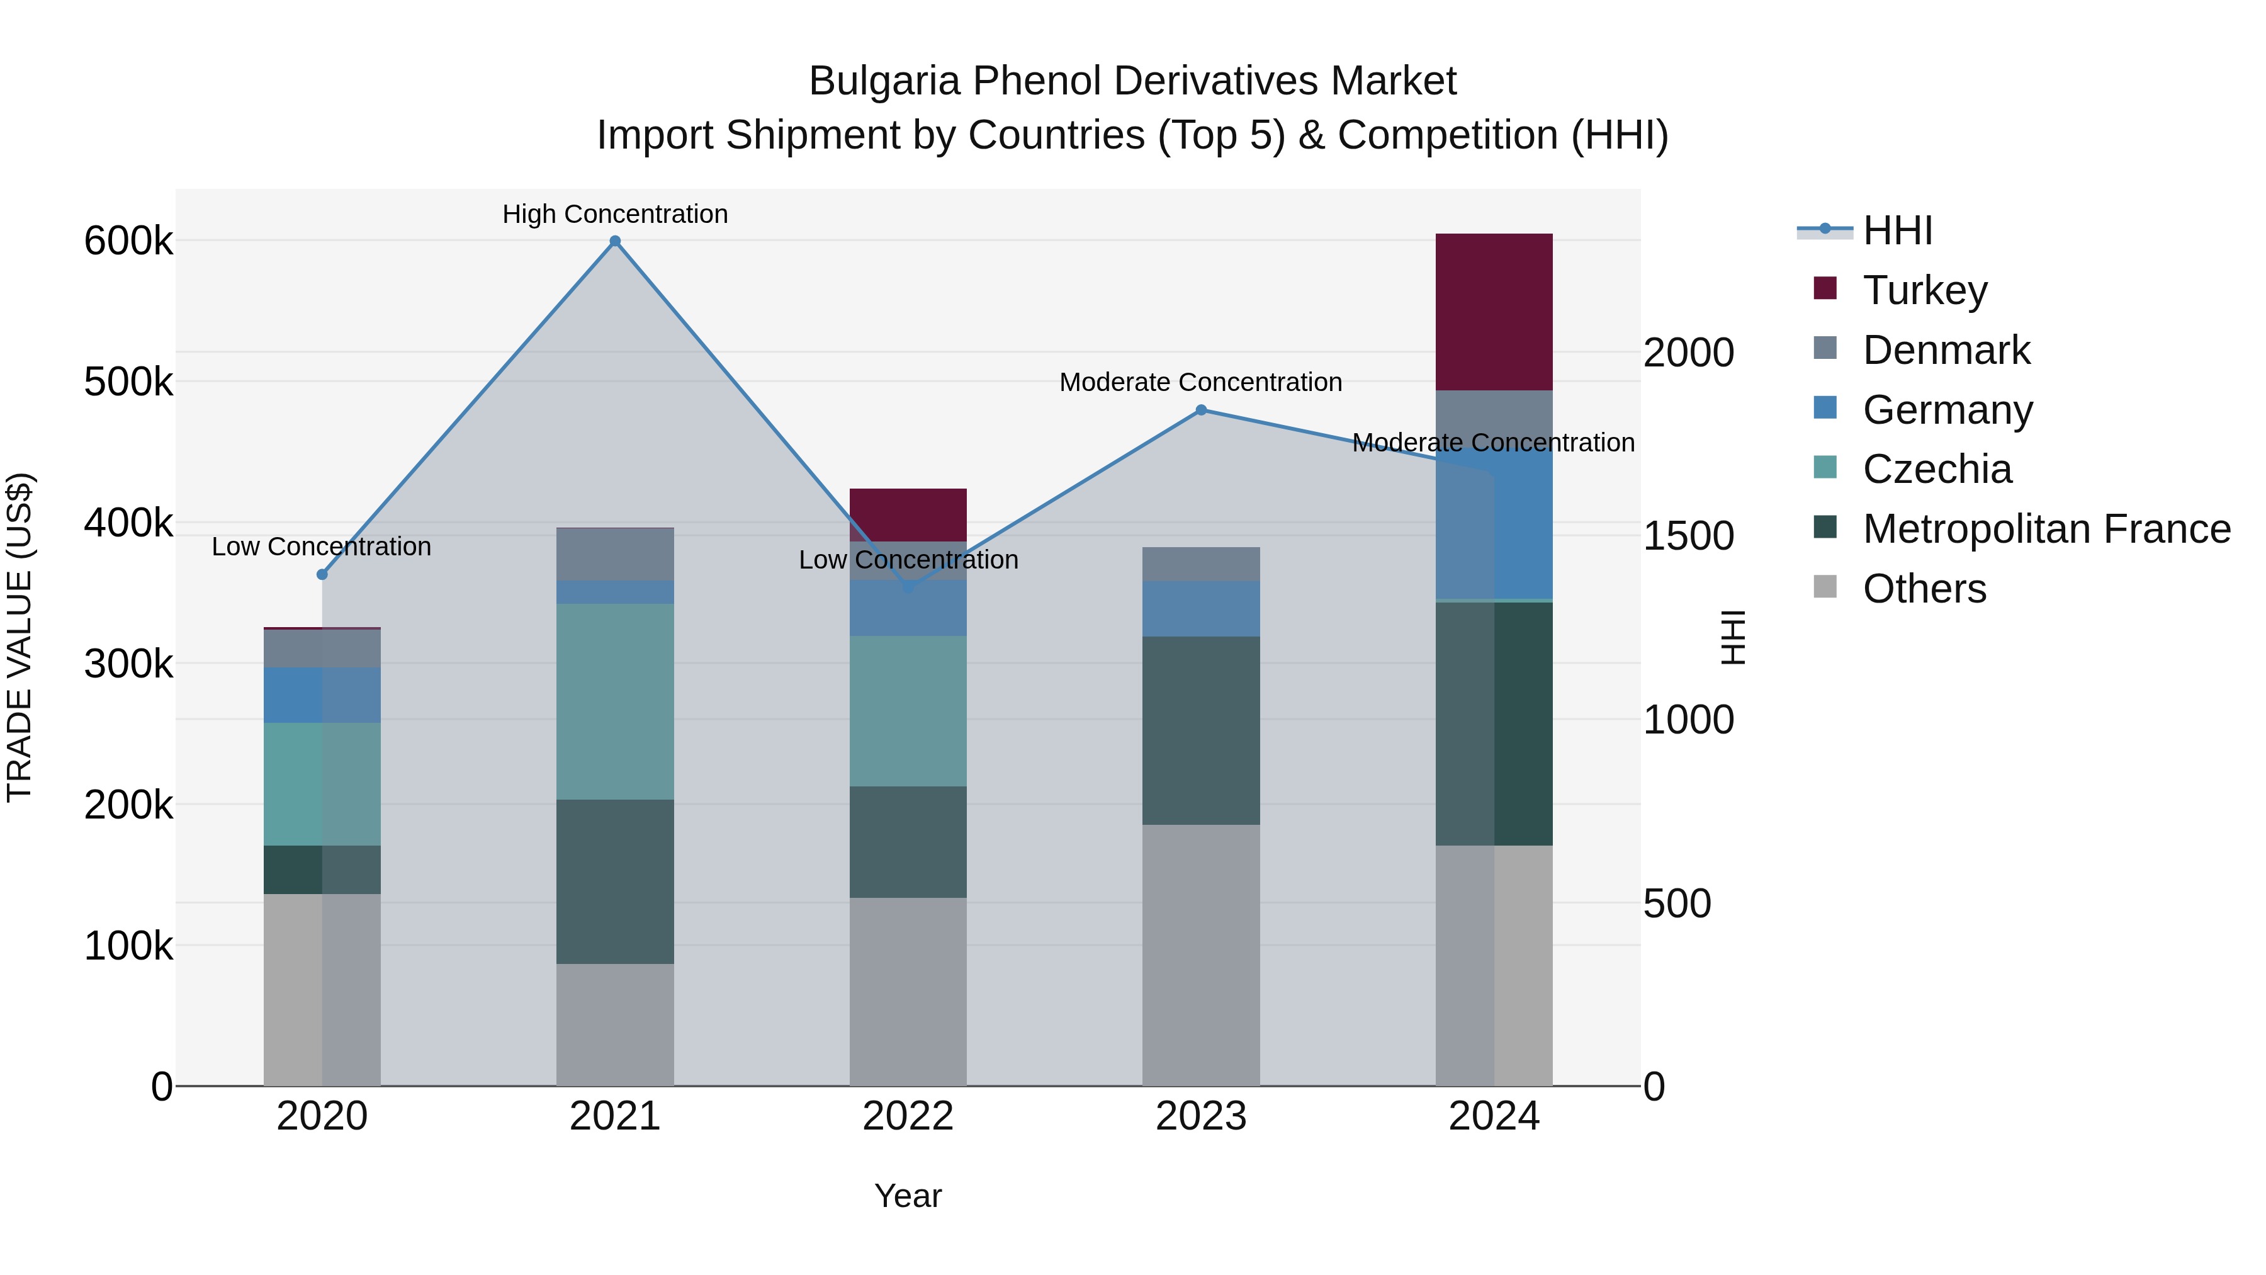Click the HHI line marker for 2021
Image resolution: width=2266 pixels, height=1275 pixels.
(x=615, y=241)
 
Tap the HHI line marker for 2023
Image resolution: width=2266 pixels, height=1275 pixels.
(x=1201, y=410)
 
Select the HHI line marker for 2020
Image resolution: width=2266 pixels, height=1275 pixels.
(x=322, y=575)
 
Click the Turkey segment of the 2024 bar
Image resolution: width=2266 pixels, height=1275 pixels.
(x=1494, y=312)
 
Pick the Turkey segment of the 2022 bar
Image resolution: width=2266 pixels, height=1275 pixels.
(x=908, y=515)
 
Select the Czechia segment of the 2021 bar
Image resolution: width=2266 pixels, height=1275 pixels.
(x=615, y=701)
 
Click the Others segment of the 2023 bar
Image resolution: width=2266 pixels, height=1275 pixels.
(x=1201, y=955)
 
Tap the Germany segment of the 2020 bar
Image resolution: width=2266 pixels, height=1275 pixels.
(x=322, y=695)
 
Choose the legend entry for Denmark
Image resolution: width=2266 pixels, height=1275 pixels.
(x=1946, y=350)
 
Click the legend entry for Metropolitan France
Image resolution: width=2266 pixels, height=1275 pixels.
(x=2046, y=529)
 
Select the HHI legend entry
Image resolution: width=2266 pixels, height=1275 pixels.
(x=1897, y=230)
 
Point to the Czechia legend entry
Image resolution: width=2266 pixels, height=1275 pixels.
(x=1937, y=469)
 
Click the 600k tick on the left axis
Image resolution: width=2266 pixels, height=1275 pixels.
(x=128, y=241)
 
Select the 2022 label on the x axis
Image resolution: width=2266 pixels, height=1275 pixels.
(x=908, y=1116)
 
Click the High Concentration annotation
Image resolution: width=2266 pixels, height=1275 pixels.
(x=615, y=214)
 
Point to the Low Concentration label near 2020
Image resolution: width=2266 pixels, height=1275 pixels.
(x=321, y=547)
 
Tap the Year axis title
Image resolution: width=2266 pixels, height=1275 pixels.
(x=908, y=1196)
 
